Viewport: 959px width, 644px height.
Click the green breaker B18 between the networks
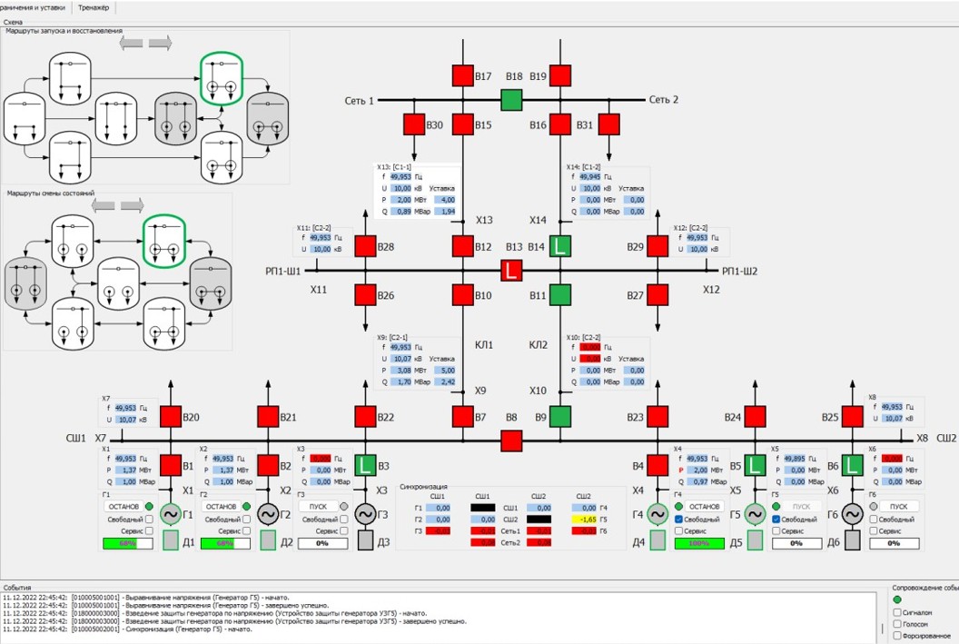pos(512,100)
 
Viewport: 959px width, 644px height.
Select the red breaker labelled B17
pos(463,76)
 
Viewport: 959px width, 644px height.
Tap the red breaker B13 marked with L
pos(512,270)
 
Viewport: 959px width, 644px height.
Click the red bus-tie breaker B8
pos(512,441)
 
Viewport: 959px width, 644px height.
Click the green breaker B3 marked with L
pos(366,466)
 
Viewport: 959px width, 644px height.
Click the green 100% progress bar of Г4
pos(699,543)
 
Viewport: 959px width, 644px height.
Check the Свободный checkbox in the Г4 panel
pos(679,519)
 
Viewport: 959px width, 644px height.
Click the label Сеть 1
pos(360,100)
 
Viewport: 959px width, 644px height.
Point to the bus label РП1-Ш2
pos(739,271)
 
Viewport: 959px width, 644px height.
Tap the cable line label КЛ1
pos(484,345)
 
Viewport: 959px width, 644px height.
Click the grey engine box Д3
pos(365,540)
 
